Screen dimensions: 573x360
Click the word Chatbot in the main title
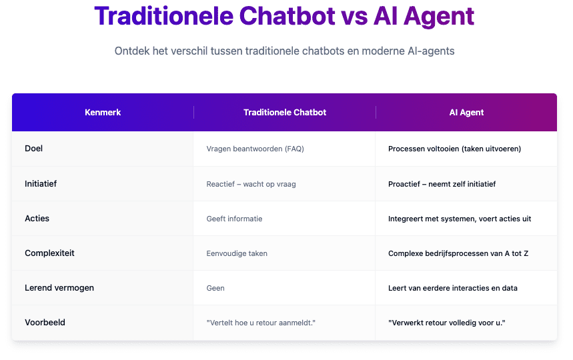click(288, 16)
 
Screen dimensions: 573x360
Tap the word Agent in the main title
click(438, 17)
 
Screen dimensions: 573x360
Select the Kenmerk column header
click(103, 113)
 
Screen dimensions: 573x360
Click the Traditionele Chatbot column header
click(285, 113)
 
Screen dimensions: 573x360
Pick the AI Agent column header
click(466, 113)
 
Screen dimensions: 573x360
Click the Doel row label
click(33, 148)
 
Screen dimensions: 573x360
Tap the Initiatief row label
click(41, 183)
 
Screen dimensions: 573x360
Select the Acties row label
click(37, 219)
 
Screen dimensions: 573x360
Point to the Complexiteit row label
click(49, 253)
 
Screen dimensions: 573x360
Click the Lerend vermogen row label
click(59, 288)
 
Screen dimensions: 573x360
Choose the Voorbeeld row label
click(45, 323)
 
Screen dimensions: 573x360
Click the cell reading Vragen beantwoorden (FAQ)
click(255, 149)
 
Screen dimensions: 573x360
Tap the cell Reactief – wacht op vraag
click(251, 184)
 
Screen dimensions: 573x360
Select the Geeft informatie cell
click(234, 219)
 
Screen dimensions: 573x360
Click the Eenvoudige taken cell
click(237, 253)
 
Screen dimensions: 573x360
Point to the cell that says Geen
click(215, 288)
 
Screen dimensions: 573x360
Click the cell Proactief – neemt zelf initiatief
click(442, 184)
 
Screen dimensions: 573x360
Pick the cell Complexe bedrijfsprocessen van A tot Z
click(458, 253)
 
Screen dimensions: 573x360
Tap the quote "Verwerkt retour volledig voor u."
click(446, 323)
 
